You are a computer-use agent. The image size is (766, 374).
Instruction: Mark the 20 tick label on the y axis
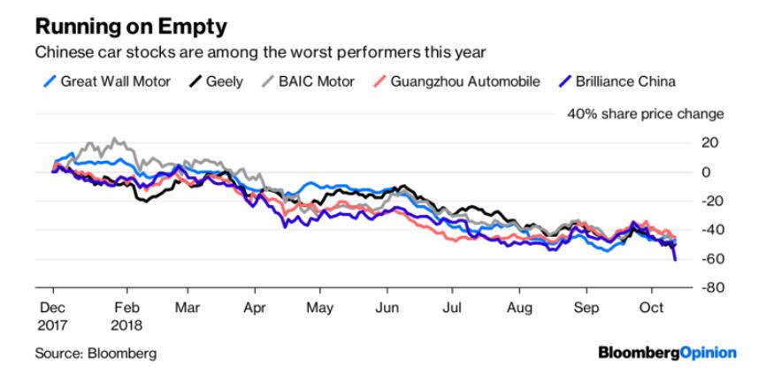point(710,143)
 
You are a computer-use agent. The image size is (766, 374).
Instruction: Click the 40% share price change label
point(645,114)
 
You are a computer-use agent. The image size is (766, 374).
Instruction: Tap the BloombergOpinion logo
point(667,353)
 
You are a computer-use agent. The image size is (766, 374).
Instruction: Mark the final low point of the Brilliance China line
point(676,260)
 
